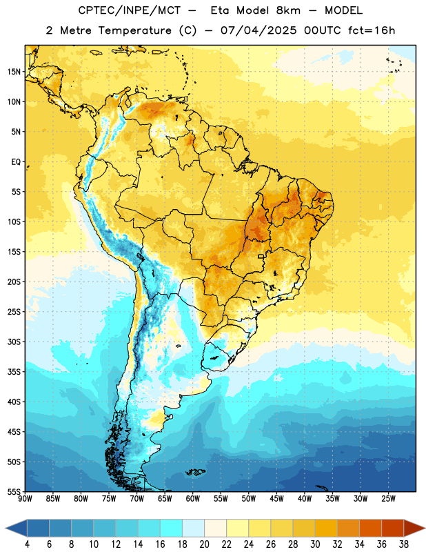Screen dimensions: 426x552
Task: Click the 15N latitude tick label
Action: click(14, 72)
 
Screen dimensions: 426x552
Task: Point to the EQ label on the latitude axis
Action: click(16, 162)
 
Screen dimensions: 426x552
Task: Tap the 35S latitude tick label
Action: click(14, 372)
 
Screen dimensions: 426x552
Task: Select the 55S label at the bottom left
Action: click(14, 491)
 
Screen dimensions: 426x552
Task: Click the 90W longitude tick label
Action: click(25, 499)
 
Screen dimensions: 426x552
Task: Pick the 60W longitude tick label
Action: click(193, 499)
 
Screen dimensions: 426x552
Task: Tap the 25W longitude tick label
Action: click(388, 499)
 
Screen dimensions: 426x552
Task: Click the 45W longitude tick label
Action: click(276, 499)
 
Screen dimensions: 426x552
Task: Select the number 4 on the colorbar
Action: click(27, 544)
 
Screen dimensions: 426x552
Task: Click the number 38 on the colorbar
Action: click(404, 544)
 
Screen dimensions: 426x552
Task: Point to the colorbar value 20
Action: click(204, 544)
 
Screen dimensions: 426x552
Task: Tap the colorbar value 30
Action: click(315, 544)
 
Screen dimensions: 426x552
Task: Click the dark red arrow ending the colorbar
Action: click(414, 529)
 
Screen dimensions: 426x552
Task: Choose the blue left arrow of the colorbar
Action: click(17, 529)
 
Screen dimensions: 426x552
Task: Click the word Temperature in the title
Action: click(134, 30)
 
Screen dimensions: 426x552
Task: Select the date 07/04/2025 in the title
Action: click(258, 30)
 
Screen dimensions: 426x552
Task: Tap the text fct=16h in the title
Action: click(372, 30)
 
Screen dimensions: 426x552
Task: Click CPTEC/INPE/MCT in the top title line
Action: click(129, 10)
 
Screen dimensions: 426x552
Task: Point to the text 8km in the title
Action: click(288, 10)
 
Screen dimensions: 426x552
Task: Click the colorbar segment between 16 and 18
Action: click(172, 529)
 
